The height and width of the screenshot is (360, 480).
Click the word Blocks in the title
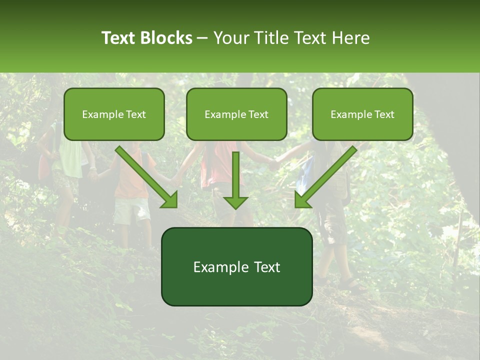(x=166, y=38)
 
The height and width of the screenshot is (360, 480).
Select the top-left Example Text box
(x=114, y=114)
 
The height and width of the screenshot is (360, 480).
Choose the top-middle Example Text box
(x=236, y=114)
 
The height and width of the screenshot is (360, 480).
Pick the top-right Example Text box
(x=362, y=114)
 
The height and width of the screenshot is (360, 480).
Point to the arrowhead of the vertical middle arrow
(x=235, y=202)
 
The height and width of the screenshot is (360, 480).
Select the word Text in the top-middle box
(x=258, y=114)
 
